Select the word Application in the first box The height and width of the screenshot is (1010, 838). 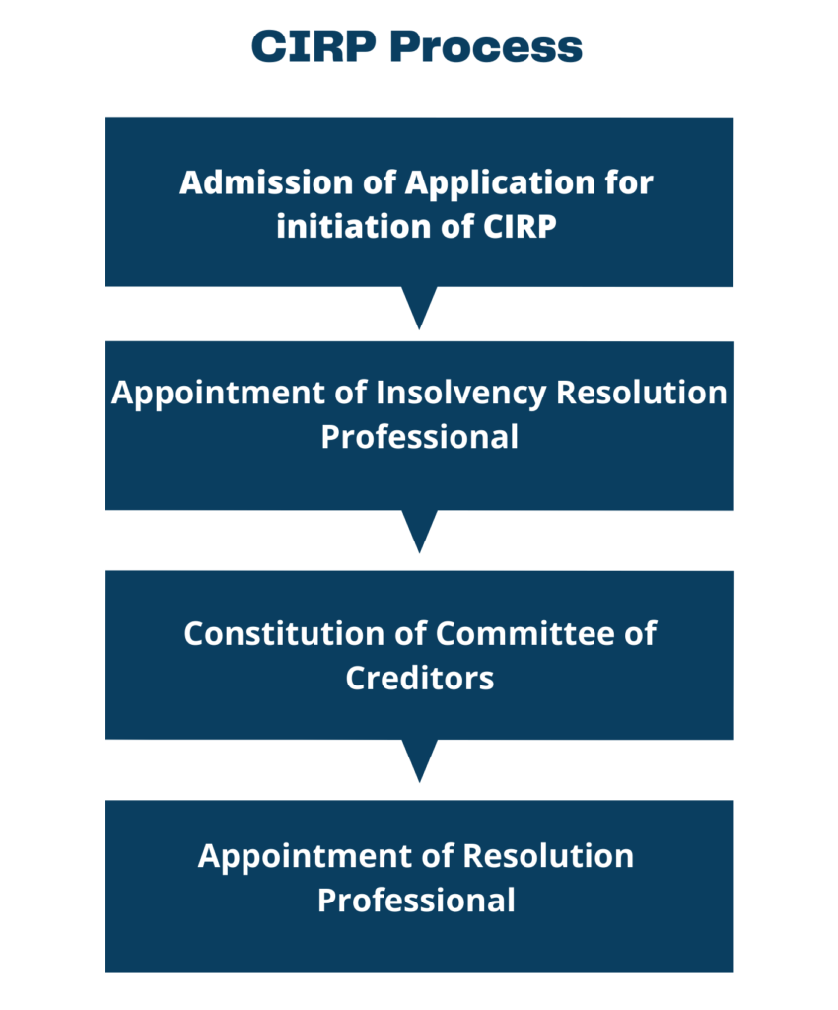coord(503,183)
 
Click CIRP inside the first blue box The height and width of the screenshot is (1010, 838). coord(522,227)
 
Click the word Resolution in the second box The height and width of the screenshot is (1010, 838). coord(641,393)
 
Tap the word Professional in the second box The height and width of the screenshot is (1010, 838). coord(419,436)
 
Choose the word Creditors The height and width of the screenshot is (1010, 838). coord(419,678)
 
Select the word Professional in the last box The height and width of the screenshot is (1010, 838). coord(416,901)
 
